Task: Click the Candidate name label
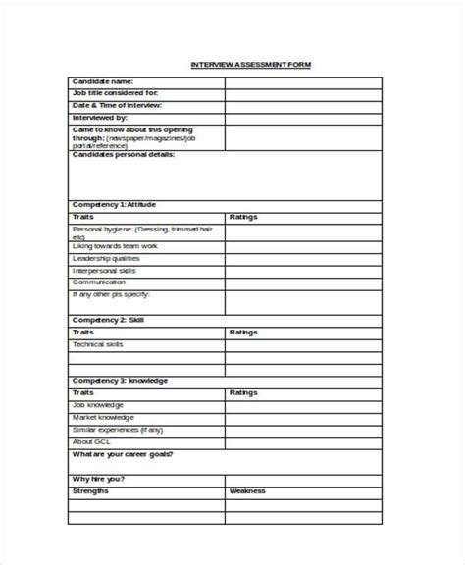pyautogui.click(x=103, y=82)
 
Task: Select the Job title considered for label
pyautogui.click(x=115, y=94)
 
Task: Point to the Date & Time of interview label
pyautogui.click(x=117, y=106)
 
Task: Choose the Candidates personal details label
pyautogui.click(x=124, y=155)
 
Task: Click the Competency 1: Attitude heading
pyautogui.click(x=114, y=204)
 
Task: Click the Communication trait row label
pyautogui.click(x=100, y=282)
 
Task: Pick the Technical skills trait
pyautogui.click(x=99, y=344)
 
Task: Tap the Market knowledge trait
pyautogui.click(x=102, y=416)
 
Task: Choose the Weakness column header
pyautogui.click(x=247, y=491)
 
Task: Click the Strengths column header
pyautogui.click(x=91, y=491)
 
